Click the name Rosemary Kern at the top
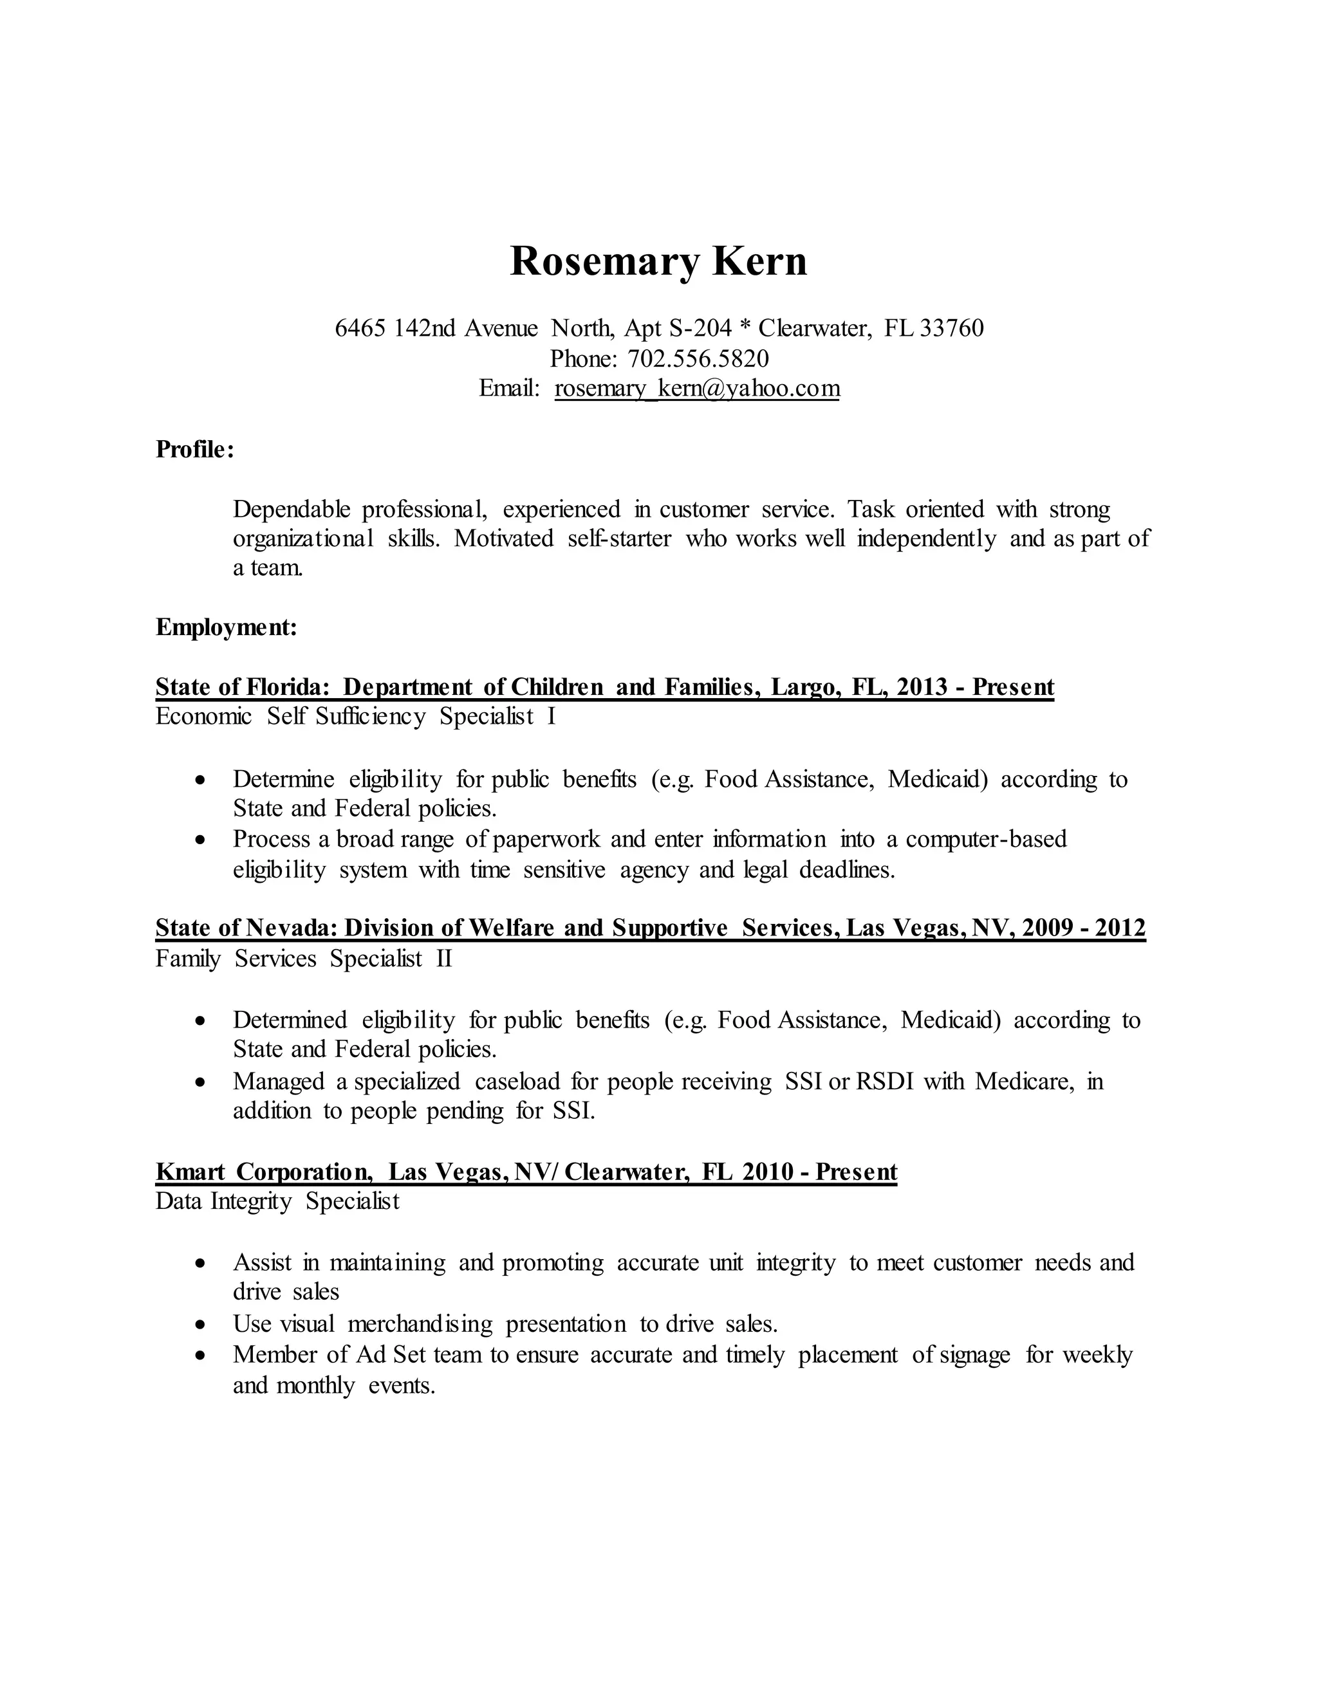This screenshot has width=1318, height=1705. (x=658, y=261)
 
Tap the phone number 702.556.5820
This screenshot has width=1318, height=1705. (x=698, y=358)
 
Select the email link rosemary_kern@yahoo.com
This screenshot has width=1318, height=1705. (x=696, y=388)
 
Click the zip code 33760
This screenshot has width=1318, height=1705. (x=952, y=328)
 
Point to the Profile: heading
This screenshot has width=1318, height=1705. (x=194, y=449)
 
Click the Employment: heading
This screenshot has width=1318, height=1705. (x=227, y=627)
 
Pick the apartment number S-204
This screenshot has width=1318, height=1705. (x=700, y=328)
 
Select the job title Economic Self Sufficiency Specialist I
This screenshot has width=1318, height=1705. (x=355, y=717)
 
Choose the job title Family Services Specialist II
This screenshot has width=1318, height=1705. (x=304, y=958)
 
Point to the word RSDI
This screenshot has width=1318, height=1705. (x=885, y=1082)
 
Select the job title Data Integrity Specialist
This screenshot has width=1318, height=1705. (x=277, y=1201)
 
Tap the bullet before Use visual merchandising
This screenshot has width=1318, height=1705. (x=201, y=1325)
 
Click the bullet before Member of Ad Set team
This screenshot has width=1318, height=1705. (x=201, y=1355)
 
